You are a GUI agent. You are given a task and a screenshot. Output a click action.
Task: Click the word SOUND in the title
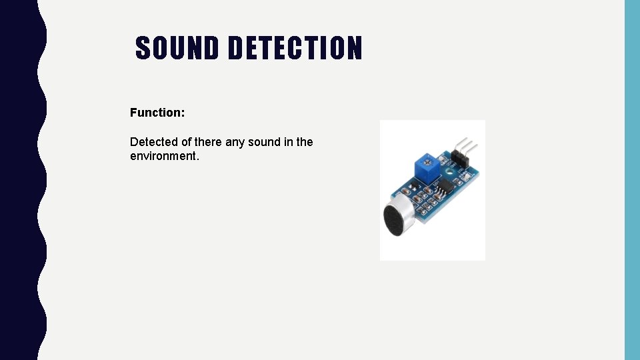point(177,48)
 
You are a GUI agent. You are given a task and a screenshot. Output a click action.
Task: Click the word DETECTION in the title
point(295,48)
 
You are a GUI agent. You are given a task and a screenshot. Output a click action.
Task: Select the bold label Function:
point(157,113)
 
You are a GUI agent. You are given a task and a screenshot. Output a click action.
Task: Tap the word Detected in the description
point(154,142)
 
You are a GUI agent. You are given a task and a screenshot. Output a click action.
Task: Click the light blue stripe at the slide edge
point(632,180)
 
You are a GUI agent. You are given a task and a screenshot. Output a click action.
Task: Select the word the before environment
point(305,142)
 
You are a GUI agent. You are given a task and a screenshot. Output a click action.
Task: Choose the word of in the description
point(186,142)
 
